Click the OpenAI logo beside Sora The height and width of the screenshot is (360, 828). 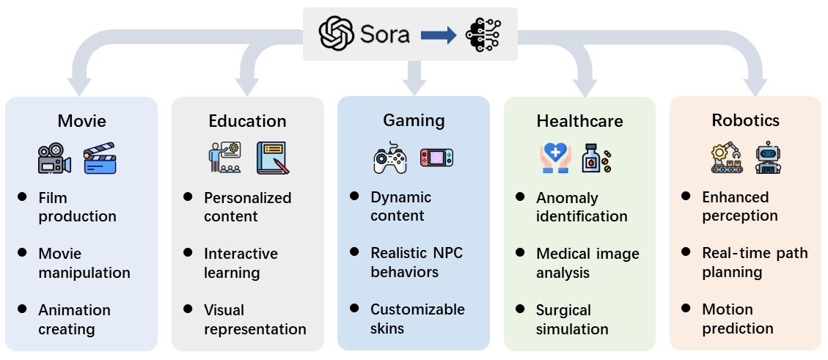(x=337, y=34)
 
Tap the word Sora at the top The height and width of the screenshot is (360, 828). (x=384, y=34)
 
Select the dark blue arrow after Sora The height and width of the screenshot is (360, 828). (x=439, y=35)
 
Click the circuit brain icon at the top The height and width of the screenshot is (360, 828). (x=484, y=34)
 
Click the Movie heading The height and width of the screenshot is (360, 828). (x=81, y=121)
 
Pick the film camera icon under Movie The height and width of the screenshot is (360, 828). (x=54, y=158)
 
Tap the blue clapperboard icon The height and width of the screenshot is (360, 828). (x=99, y=158)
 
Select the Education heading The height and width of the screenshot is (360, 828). (x=247, y=121)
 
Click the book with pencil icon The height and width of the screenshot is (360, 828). (x=272, y=158)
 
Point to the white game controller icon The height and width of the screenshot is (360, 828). (x=390, y=158)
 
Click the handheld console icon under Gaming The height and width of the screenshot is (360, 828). (x=436, y=158)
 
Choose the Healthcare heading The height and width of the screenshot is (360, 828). (x=579, y=121)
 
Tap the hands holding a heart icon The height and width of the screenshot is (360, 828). (x=555, y=158)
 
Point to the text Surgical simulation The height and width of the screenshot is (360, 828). (x=572, y=320)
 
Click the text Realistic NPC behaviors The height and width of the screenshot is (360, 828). (x=417, y=262)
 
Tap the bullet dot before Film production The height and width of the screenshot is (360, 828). (x=23, y=197)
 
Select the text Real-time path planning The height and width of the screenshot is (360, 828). (x=755, y=262)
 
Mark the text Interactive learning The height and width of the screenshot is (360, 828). (x=241, y=263)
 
